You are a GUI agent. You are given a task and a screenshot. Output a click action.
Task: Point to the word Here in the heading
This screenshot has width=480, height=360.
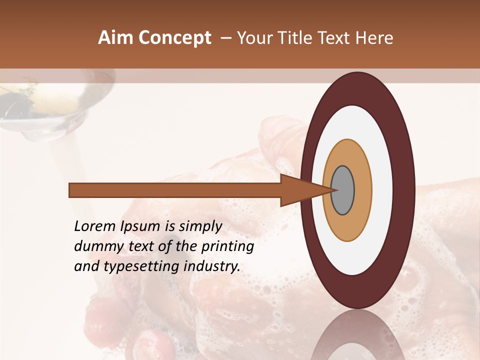[x=374, y=38]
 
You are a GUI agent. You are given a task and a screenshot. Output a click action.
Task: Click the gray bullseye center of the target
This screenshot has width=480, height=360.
[x=343, y=190]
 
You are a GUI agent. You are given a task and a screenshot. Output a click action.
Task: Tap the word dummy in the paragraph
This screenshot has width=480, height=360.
[x=94, y=246]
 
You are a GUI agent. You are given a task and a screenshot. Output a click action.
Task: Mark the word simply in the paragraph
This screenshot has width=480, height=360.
[x=200, y=226]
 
